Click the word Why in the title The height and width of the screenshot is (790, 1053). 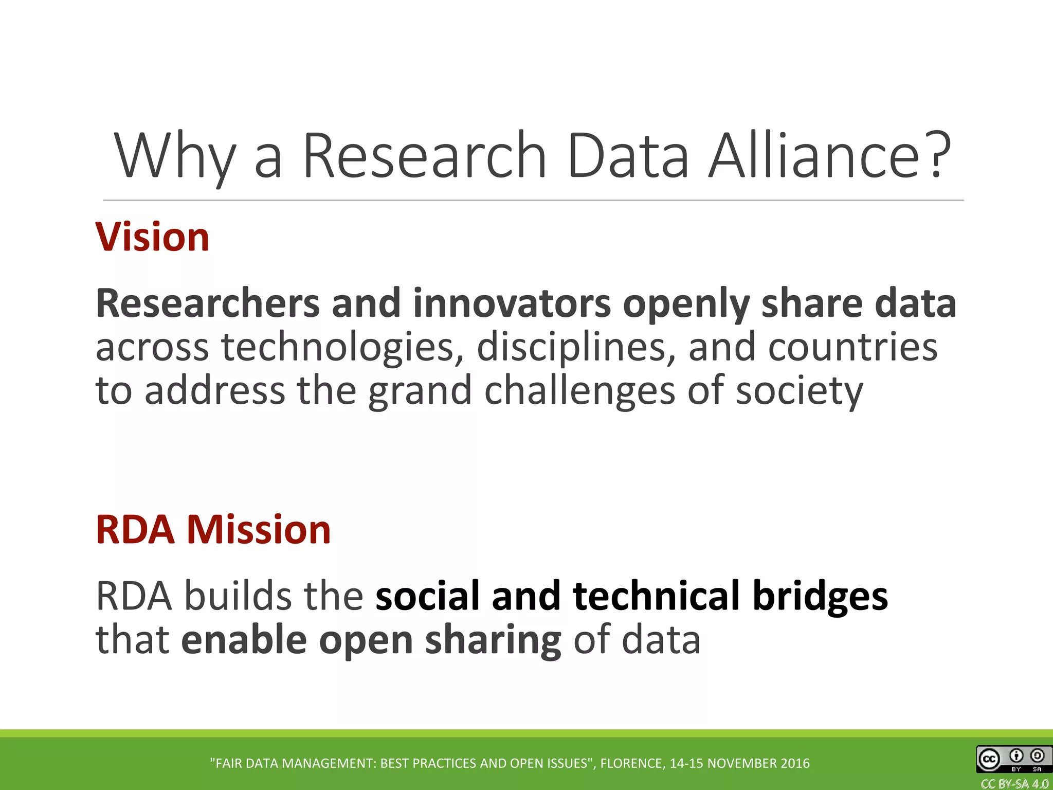point(175,157)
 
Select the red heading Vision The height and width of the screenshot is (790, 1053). point(153,237)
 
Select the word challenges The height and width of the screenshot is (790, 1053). point(579,391)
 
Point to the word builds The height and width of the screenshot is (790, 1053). point(238,596)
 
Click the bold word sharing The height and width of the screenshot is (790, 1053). point(493,641)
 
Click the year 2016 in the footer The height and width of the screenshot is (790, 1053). point(795,763)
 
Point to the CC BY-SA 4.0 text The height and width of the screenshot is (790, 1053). point(1014,784)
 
